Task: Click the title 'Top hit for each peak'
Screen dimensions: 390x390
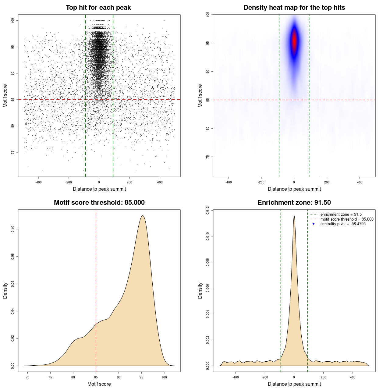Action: (98, 8)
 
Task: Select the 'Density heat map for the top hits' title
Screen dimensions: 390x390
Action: (294, 8)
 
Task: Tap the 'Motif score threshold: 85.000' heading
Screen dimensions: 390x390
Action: (99, 203)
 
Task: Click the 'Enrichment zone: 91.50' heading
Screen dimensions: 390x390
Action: (294, 203)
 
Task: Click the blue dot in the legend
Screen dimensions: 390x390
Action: (314, 224)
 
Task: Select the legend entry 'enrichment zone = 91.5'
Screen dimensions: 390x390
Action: (341, 214)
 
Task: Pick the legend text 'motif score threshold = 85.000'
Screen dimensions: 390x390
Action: (347, 219)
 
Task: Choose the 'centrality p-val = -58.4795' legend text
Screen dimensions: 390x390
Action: (343, 224)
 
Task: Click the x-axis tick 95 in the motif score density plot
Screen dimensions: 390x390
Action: (141, 377)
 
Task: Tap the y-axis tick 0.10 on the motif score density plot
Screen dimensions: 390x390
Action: (12, 229)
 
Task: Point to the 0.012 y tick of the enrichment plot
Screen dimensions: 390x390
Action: (207, 210)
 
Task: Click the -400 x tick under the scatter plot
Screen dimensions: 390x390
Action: (38, 182)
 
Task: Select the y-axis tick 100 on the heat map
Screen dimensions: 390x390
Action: (207, 15)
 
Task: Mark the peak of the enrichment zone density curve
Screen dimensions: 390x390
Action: (294, 216)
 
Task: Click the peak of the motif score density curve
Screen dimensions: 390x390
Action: (142, 216)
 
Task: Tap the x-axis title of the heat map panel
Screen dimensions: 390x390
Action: (294, 189)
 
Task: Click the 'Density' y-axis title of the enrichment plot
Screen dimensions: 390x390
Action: (200, 290)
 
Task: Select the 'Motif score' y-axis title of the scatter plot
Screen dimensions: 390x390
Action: (5, 96)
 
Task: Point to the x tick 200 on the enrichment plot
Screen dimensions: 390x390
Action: (323, 377)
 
